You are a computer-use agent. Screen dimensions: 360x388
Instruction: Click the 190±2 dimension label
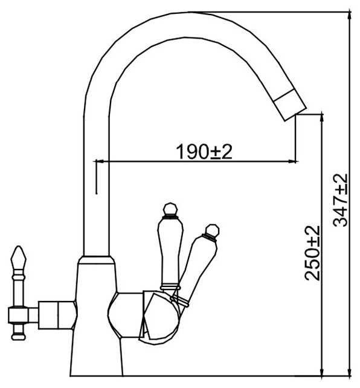[204, 152]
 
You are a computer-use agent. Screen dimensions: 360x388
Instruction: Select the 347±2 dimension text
[341, 200]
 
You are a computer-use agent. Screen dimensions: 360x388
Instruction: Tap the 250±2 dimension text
[312, 253]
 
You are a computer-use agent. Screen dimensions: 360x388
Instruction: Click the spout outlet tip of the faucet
[296, 115]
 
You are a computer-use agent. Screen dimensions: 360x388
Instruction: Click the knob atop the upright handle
[170, 209]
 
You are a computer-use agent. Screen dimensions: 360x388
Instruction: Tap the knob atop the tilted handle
[213, 231]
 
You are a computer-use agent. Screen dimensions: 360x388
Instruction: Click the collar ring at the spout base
[96, 260]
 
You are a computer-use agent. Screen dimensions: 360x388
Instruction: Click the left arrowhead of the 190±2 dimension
[98, 161]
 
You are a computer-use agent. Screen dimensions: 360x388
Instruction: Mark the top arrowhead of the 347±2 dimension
[349, 15]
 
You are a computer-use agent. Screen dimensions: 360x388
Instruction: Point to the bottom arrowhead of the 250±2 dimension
[322, 372]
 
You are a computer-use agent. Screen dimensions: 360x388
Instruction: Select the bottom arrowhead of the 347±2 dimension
[349, 372]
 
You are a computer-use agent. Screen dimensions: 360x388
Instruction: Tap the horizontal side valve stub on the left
[57, 315]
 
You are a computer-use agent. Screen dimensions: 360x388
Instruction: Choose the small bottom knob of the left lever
[19, 337]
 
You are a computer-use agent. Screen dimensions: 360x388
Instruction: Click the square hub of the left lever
[19, 315]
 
